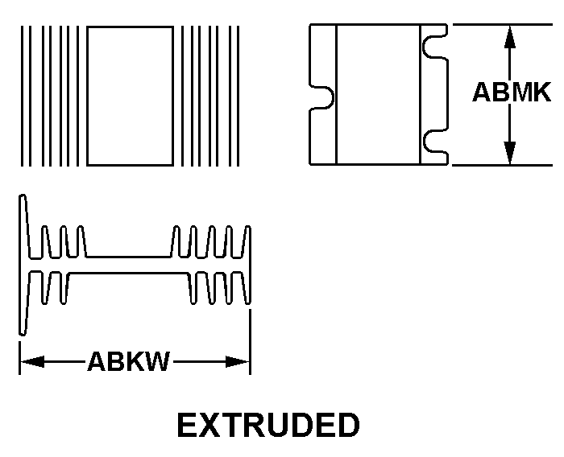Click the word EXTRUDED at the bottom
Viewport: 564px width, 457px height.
tap(268, 425)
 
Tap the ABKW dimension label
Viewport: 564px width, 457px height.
tap(128, 361)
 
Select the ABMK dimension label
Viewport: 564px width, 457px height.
tap(512, 92)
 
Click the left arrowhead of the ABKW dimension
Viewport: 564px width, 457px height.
tap(32, 361)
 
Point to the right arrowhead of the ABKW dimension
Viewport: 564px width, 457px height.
tap(238, 361)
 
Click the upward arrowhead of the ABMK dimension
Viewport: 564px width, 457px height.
tap(510, 37)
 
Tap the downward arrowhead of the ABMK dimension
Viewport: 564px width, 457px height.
tap(510, 153)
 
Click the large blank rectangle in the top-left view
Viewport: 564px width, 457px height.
tap(130, 96)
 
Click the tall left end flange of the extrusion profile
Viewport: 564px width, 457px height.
tap(23, 266)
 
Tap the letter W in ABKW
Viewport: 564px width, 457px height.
tap(156, 361)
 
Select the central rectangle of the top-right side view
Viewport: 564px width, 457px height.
tap(378, 94)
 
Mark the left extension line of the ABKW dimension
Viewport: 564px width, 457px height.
tap(19, 358)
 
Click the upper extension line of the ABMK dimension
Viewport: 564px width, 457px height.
tap(503, 24)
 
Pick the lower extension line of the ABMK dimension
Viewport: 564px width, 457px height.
tap(503, 165)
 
